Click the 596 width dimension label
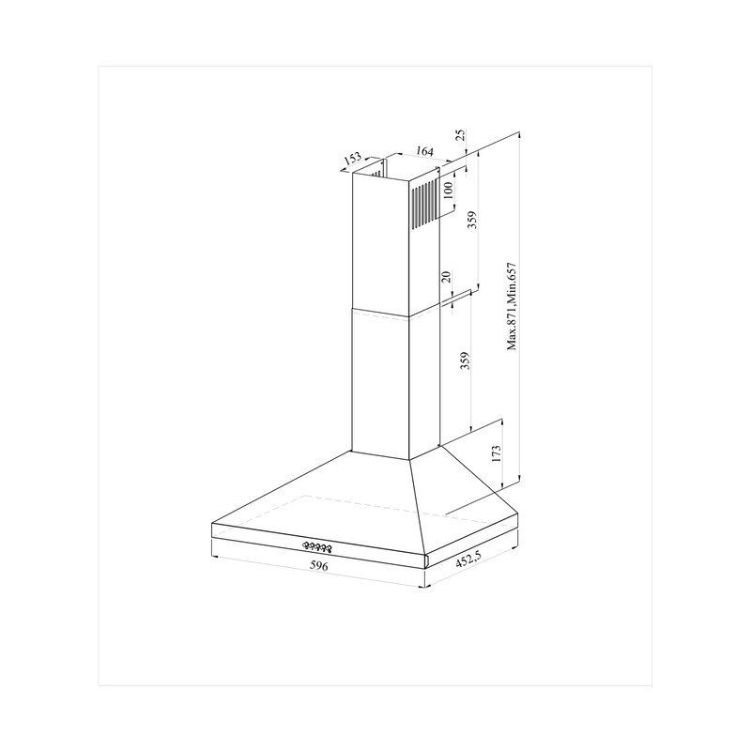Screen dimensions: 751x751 pyautogui.click(x=319, y=566)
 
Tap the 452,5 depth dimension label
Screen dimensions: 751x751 pyautogui.click(x=467, y=559)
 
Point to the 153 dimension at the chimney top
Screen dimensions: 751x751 pyautogui.click(x=352, y=158)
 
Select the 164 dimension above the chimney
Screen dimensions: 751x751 pyautogui.click(x=424, y=151)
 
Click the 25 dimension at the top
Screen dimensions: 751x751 pyautogui.click(x=460, y=134)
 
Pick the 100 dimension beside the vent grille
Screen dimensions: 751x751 pyautogui.click(x=448, y=191)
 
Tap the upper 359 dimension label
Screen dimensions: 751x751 pyautogui.click(x=473, y=220)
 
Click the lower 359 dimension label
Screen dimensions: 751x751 pyautogui.click(x=464, y=361)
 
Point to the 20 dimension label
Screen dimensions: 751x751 pyautogui.click(x=445, y=277)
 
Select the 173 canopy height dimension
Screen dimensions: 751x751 pyautogui.click(x=496, y=453)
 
